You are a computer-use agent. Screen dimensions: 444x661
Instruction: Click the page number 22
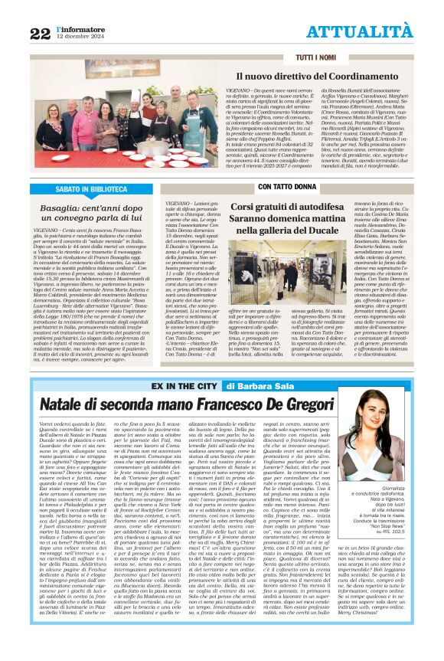click(40, 32)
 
